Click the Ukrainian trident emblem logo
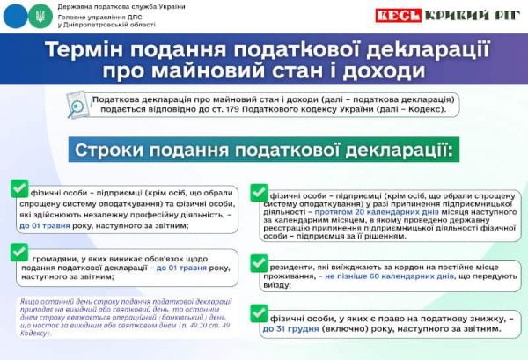40,16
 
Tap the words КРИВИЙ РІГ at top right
472,15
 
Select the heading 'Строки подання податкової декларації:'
264,151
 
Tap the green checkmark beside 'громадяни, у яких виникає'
18,253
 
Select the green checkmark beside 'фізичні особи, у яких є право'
260,314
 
